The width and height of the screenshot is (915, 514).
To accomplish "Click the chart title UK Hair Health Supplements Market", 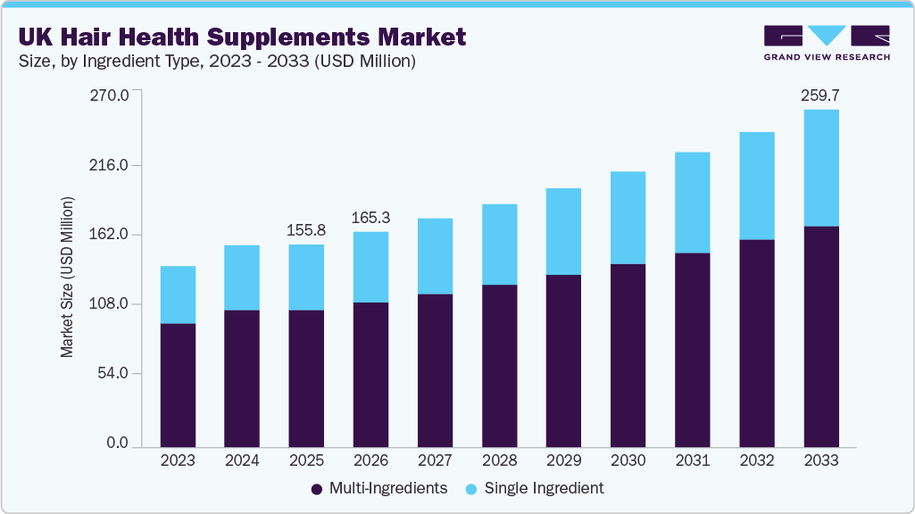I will (241, 37).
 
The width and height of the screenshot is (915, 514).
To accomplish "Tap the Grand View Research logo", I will (827, 42).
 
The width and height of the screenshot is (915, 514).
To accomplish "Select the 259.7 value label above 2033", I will (821, 94).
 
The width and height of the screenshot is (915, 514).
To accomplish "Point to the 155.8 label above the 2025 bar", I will (306, 229).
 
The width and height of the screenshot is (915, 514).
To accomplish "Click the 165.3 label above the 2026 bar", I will (370, 217).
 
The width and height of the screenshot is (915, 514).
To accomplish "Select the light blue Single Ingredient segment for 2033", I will (821, 168).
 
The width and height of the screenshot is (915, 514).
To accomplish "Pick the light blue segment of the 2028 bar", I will (499, 245).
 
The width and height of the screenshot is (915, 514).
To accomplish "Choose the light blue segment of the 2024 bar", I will (242, 278).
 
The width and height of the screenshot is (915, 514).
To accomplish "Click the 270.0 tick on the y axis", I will (112, 94).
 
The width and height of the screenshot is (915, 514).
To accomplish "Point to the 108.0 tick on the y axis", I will (112, 304).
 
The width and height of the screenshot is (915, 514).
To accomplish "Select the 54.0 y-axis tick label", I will (114, 374).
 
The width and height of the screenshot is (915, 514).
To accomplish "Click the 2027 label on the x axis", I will (435, 460).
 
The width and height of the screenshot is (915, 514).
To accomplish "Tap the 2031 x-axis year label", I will (692, 460).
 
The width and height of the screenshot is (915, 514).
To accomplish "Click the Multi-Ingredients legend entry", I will (378, 488).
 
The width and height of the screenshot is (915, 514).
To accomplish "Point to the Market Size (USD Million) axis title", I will (68, 276).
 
